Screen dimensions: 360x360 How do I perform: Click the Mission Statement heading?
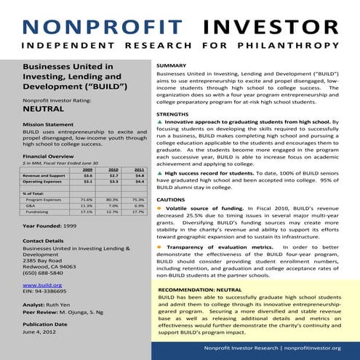[48, 125]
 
